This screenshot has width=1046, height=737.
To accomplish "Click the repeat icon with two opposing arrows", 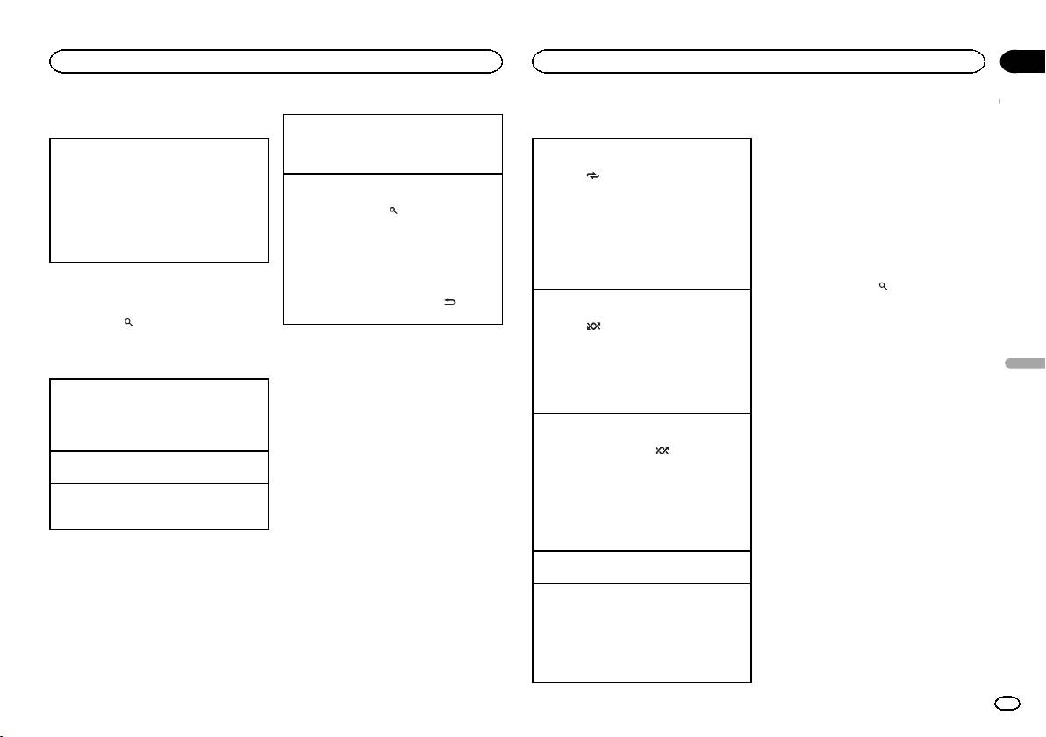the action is point(592,175).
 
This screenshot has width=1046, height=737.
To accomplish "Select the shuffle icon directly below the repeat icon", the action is point(592,326).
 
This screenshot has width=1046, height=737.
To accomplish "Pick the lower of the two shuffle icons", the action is point(661,450).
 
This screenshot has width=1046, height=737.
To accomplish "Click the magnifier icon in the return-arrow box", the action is point(394,211).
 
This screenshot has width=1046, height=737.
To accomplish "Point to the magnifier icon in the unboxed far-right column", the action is point(884,286).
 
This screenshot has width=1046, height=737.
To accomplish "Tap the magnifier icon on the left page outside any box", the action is point(128,323).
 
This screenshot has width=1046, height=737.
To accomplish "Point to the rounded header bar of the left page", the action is point(276,61).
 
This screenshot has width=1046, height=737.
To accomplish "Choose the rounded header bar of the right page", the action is point(759,61).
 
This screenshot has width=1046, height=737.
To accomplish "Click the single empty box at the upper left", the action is point(159,199).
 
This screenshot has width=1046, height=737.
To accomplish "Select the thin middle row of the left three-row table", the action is point(159,467).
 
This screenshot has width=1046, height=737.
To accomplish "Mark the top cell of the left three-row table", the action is point(159,414).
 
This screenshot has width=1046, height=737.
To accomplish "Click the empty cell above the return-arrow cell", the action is point(392,143).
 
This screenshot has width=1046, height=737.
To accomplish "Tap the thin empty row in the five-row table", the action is point(642,567).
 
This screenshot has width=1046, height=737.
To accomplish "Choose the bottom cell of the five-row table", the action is point(642,633).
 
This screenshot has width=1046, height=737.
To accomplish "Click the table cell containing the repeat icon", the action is point(642,213).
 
